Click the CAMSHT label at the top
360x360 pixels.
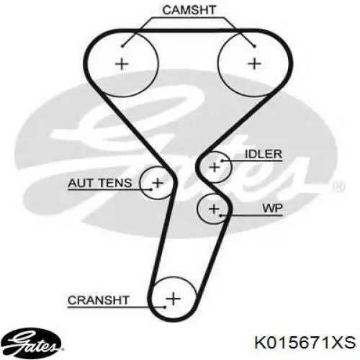click(x=189, y=10)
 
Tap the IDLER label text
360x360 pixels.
click(x=264, y=154)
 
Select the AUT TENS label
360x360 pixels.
click(x=100, y=183)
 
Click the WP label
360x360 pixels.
click(x=272, y=208)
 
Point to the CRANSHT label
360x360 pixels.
click(x=99, y=300)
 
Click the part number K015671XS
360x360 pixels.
click(x=305, y=343)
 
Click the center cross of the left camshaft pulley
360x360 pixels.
click(x=122, y=64)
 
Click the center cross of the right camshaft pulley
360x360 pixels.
click(x=254, y=64)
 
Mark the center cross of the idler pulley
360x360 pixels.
click(x=215, y=167)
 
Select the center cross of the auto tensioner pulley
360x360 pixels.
click(x=158, y=183)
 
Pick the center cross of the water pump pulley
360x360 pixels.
click(x=214, y=209)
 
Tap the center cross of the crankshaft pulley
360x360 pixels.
click(x=173, y=299)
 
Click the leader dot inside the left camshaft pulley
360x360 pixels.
click(x=122, y=46)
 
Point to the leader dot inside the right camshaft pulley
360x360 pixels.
click(x=255, y=46)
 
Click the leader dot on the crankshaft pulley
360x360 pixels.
click(x=165, y=307)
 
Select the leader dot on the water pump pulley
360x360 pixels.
click(x=220, y=215)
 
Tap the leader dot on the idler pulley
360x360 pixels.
click(x=222, y=161)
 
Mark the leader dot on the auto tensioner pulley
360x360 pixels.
click(x=151, y=189)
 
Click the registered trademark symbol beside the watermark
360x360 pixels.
click(x=339, y=186)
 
